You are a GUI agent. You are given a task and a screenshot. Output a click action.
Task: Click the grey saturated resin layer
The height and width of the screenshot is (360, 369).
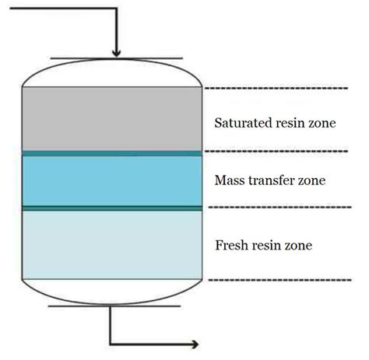(114, 118)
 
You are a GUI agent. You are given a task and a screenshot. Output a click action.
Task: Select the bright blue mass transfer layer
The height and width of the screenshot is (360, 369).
(114, 181)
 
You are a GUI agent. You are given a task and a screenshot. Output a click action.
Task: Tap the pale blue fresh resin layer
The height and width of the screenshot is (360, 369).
(114, 244)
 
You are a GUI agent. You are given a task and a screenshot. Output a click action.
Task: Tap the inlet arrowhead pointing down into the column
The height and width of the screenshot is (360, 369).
(115, 52)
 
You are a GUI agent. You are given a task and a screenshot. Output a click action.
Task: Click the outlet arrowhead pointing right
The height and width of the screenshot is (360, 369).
(202, 343)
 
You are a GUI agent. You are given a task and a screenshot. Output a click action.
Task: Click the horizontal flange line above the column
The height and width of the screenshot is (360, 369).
(115, 58)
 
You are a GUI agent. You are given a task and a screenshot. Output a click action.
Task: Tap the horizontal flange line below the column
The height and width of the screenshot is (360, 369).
(115, 306)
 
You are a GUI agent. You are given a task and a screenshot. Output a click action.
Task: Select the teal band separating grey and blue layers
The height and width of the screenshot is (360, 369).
(114, 154)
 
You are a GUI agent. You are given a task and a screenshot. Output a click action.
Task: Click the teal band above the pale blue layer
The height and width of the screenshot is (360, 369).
(114, 208)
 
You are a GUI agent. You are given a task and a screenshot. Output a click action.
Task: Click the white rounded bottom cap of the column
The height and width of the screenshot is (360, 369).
(114, 288)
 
